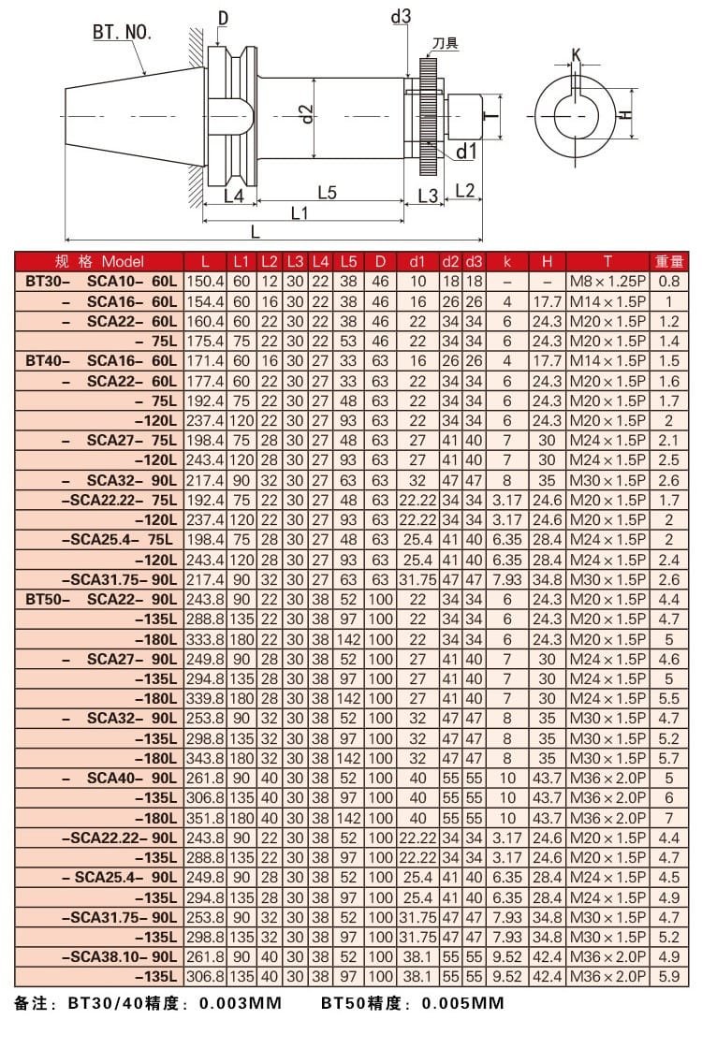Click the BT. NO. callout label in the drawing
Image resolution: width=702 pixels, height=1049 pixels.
click(122, 34)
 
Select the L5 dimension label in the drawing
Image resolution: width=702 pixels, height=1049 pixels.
click(327, 193)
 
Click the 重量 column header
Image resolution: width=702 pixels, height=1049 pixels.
click(669, 261)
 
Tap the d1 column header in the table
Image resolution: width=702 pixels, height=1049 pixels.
click(417, 261)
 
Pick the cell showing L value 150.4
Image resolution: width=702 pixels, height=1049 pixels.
click(206, 281)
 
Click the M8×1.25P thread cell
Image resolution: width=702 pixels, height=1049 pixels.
click(607, 281)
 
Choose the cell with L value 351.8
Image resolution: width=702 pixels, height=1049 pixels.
click(206, 818)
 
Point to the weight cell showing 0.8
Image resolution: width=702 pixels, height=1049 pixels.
click(669, 281)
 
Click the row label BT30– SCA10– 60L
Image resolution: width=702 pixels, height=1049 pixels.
click(100, 281)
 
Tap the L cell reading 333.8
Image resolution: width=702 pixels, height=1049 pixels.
click(206, 640)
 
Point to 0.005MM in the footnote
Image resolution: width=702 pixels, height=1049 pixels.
click(462, 1004)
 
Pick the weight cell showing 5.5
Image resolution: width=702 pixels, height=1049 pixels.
click(669, 699)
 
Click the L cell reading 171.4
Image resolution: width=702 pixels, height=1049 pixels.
click(206, 360)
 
